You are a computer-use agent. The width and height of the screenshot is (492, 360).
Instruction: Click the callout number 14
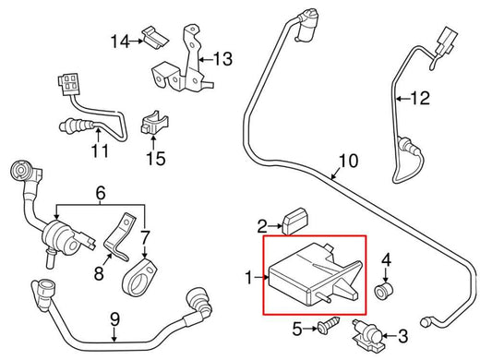point(119,41)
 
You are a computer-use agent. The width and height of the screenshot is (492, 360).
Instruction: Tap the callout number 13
point(224,61)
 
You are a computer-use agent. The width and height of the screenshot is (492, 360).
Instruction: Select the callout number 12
point(420,96)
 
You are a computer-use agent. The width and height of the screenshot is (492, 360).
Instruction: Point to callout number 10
point(345,160)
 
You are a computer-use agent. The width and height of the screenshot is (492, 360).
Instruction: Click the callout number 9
point(114,320)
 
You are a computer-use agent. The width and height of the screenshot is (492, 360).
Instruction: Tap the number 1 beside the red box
point(248,277)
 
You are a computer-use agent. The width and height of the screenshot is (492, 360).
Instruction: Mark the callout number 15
point(154,158)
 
